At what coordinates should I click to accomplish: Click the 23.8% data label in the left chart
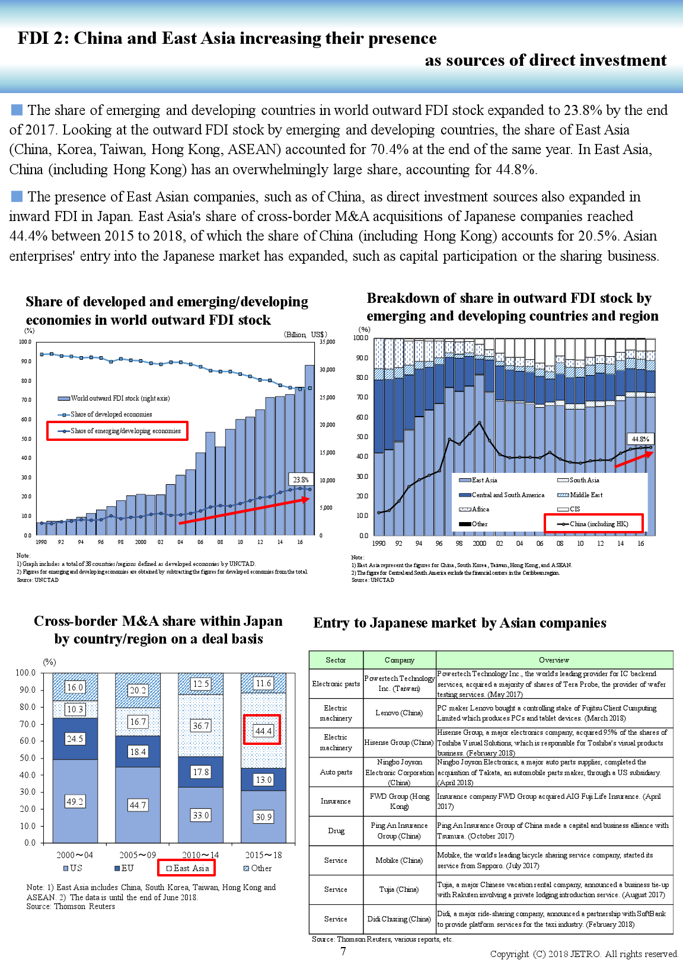point(301,479)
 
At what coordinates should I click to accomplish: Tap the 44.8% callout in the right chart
point(640,439)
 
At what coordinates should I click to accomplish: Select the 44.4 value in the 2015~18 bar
point(263,731)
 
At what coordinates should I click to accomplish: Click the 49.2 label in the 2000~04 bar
point(75,801)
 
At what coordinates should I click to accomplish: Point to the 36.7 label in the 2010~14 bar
point(201,725)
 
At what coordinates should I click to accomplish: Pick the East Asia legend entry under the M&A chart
point(187,868)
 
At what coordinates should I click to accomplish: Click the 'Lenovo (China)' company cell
point(399,713)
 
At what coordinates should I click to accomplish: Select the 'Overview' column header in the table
point(554,660)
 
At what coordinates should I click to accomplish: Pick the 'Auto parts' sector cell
point(336,772)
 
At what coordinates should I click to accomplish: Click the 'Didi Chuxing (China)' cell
point(399,919)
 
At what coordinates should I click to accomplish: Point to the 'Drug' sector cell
point(336,831)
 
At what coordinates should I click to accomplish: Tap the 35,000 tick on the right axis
point(327,342)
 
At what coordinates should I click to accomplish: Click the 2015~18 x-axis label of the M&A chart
point(263,855)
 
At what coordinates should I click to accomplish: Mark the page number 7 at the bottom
point(343,951)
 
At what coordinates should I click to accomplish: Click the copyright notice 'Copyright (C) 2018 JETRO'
point(583,954)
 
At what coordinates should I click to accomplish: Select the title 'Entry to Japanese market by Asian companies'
point(459,623)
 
